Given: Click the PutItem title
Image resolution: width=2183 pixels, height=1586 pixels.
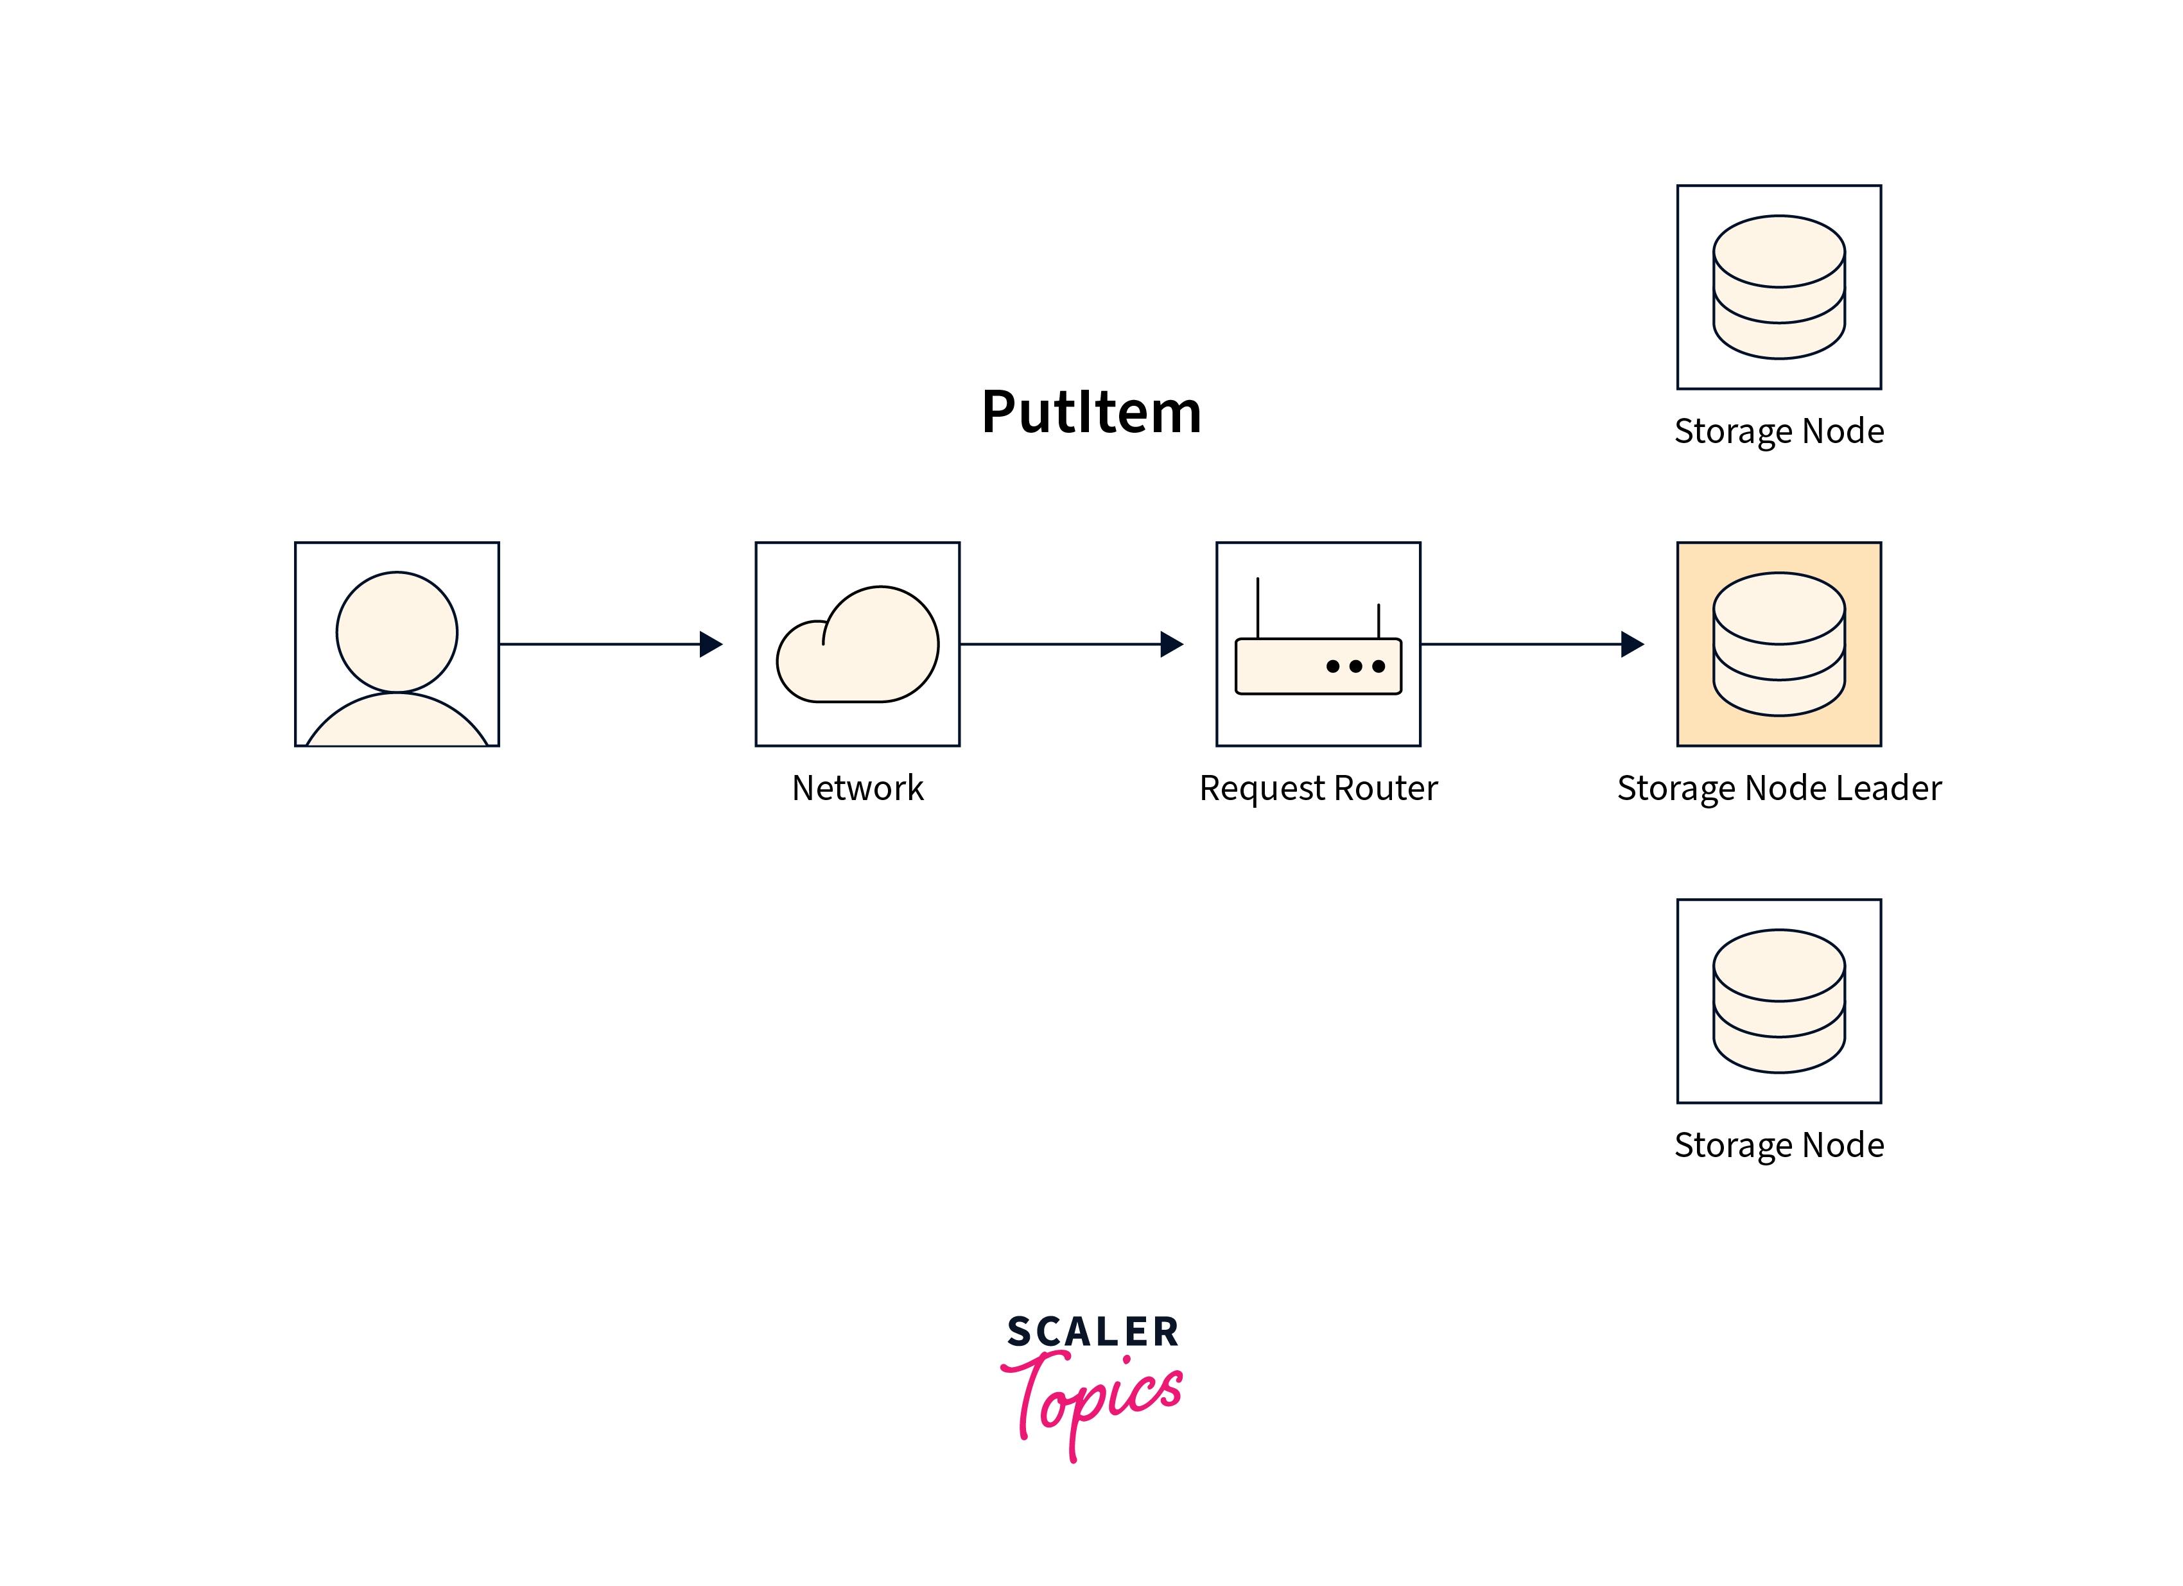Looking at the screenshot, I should click(x=1091, y=413).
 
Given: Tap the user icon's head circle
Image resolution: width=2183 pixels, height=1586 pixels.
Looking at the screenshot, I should click(x=397, y=631).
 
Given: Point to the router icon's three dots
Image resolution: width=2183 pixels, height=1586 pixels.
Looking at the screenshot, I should click(x=1355, y=666).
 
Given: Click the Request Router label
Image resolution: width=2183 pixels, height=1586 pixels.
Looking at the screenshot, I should click(x=1318, y=789).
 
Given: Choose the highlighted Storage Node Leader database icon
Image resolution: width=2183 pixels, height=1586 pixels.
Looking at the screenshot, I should click(x=1779, y=644).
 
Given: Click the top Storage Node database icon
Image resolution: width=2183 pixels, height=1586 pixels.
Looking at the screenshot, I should click(x=1779, y=287).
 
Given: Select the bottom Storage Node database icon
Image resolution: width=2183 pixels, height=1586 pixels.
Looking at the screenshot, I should click(x=1779, y=1001).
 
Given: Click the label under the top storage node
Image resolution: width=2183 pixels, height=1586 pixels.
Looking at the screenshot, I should click(x=1779, y=431).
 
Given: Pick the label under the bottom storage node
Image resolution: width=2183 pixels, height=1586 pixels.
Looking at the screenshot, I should click(x=1779, y=1146).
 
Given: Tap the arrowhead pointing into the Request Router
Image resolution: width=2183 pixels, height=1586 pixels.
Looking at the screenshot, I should click(x=1171, y=644).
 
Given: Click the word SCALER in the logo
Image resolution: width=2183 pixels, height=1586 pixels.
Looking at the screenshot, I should click(x=1092, y=1332).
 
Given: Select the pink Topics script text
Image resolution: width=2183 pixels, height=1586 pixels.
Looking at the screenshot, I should click(x=1092, y=1400).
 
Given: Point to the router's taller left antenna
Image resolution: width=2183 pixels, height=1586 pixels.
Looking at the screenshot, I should click(x=1257, y=606).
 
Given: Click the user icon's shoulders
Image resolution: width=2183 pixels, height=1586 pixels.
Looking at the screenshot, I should click(x=397, y=722).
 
